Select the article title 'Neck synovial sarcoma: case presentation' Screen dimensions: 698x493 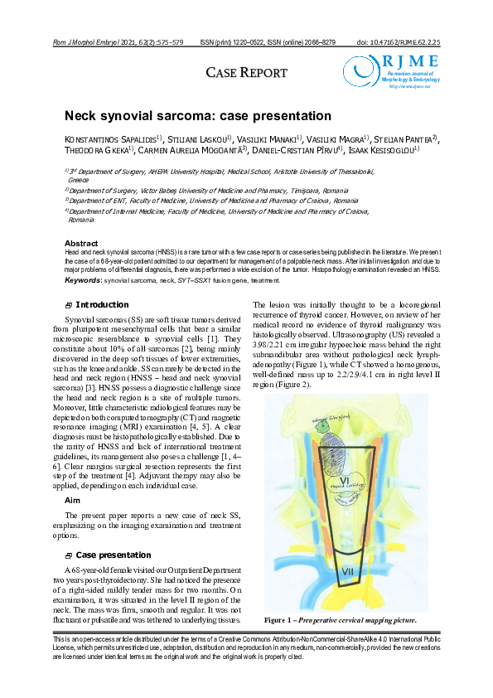click(x=198, y=116)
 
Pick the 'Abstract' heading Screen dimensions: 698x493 click(x=81, y=243)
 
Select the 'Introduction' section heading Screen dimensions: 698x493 click(x=102, y=305)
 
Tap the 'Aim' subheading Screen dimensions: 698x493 click(x=73, y=501)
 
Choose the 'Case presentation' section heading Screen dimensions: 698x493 click(x=114, y=555)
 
